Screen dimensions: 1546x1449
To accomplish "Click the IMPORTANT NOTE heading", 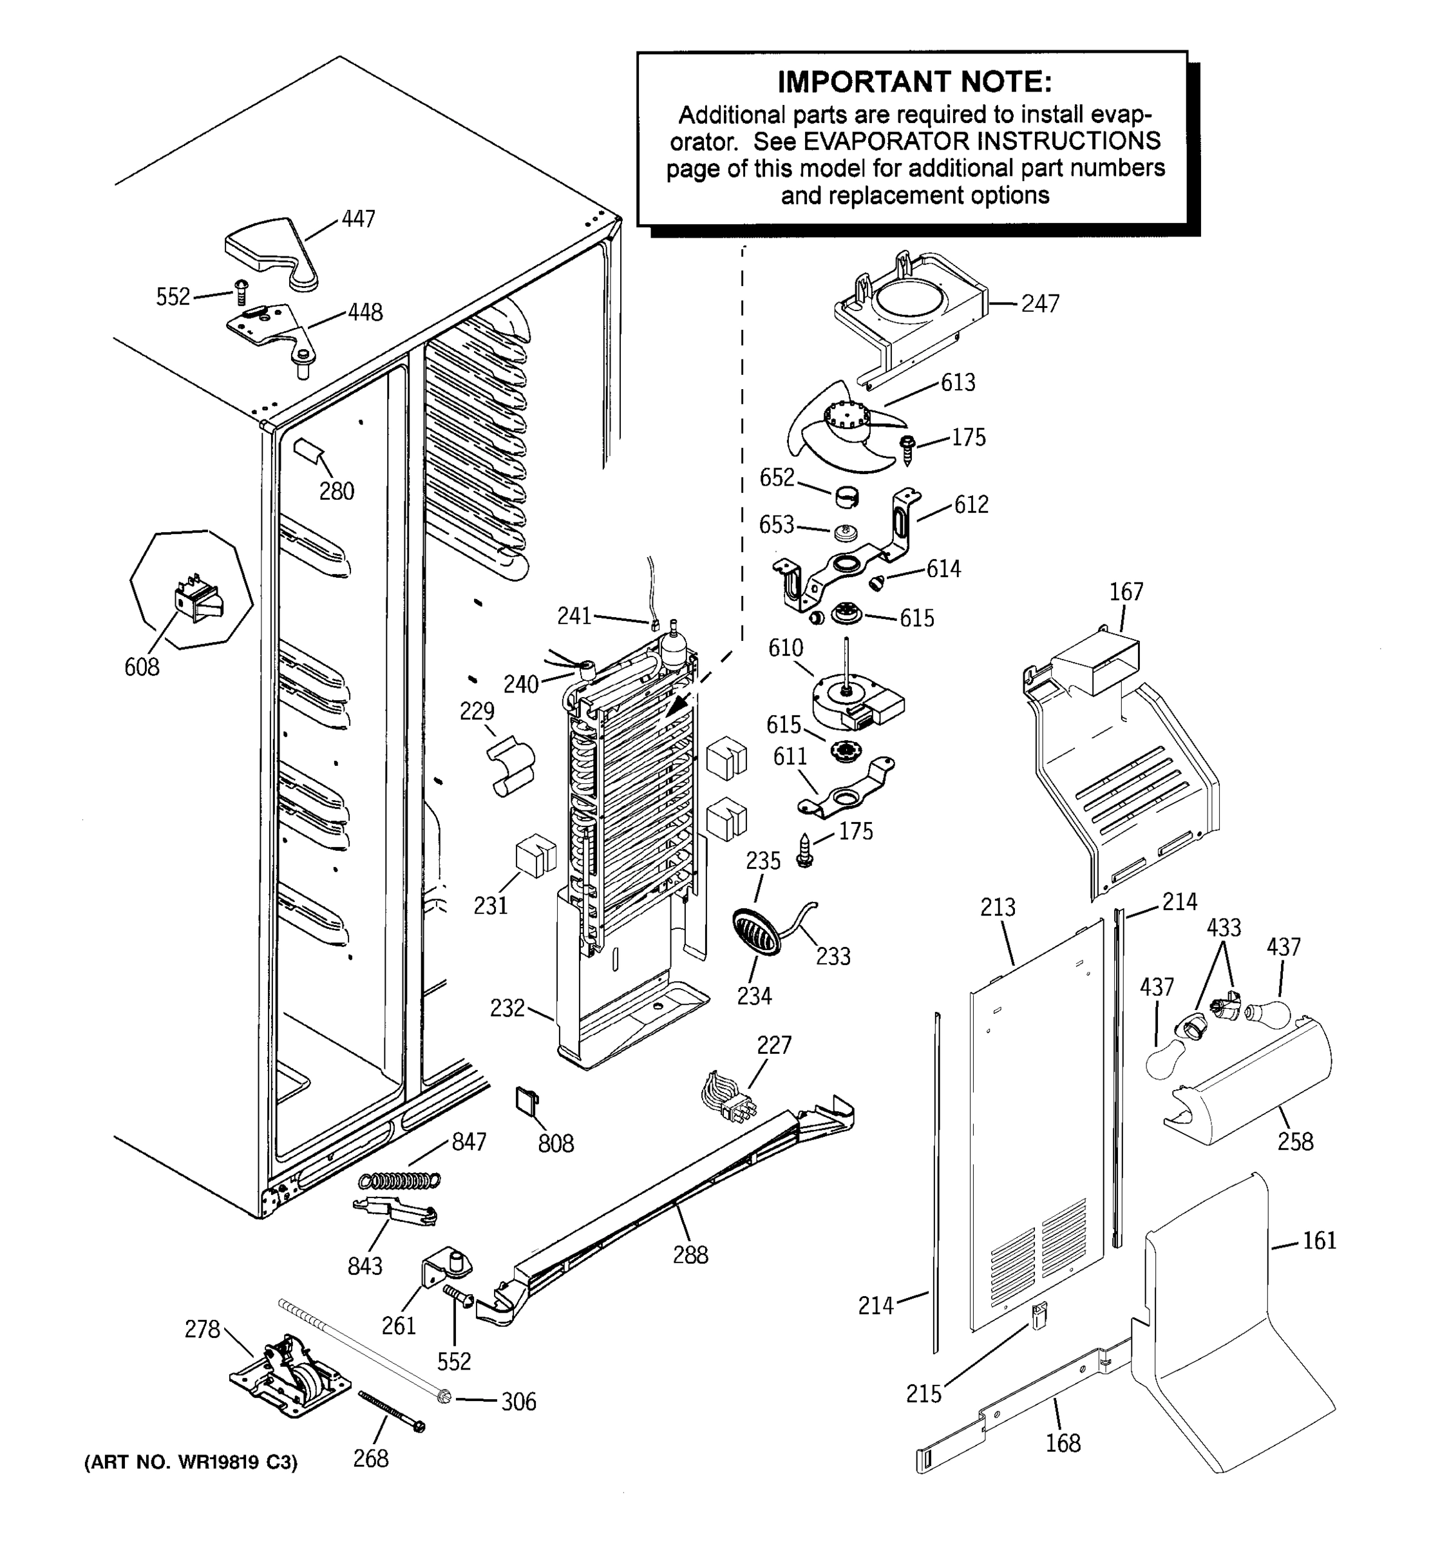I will pos(914,82).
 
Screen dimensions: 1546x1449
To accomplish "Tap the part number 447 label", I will pos(358,219).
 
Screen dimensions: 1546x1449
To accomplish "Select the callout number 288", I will pos(690,1254).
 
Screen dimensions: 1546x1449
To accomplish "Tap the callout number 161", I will pos(1319,1241).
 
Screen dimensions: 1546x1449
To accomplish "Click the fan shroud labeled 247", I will pos(909,315).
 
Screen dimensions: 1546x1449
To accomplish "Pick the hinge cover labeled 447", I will pos(272,251).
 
